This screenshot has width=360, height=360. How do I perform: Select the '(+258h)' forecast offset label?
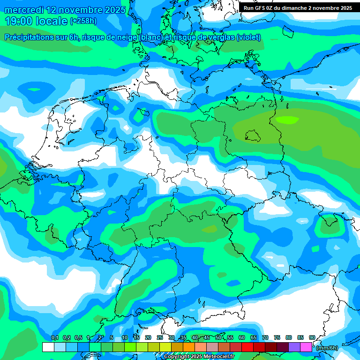point(83,21)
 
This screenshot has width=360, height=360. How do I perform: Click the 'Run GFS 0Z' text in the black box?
point(259,8)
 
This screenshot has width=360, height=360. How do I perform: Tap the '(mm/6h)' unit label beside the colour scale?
point(327,348)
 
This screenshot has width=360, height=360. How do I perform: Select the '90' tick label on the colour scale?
point(312,338)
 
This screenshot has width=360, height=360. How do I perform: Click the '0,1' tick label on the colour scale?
point(54,338)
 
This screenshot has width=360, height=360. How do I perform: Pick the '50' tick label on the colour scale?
point(218,338)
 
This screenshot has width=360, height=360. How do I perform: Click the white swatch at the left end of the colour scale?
point(48,347)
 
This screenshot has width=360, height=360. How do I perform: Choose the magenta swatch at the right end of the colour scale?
point(306,347)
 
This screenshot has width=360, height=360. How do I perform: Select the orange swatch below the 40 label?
point(189,347)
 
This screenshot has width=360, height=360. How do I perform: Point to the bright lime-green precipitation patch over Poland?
point(286,120)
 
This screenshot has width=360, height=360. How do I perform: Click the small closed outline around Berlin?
point(253,135)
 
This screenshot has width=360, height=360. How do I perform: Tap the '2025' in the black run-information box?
point(345,8)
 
